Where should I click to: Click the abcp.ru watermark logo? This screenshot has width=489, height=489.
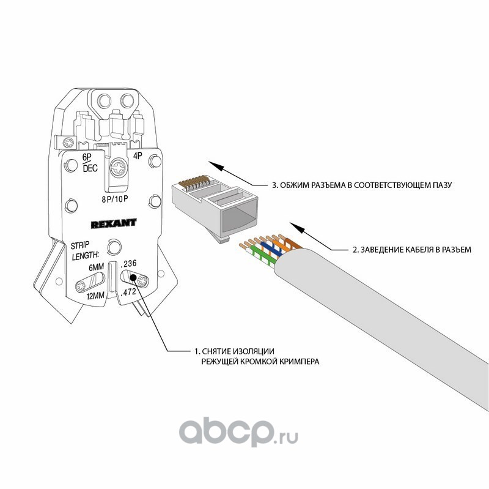(x=239, y=433)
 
